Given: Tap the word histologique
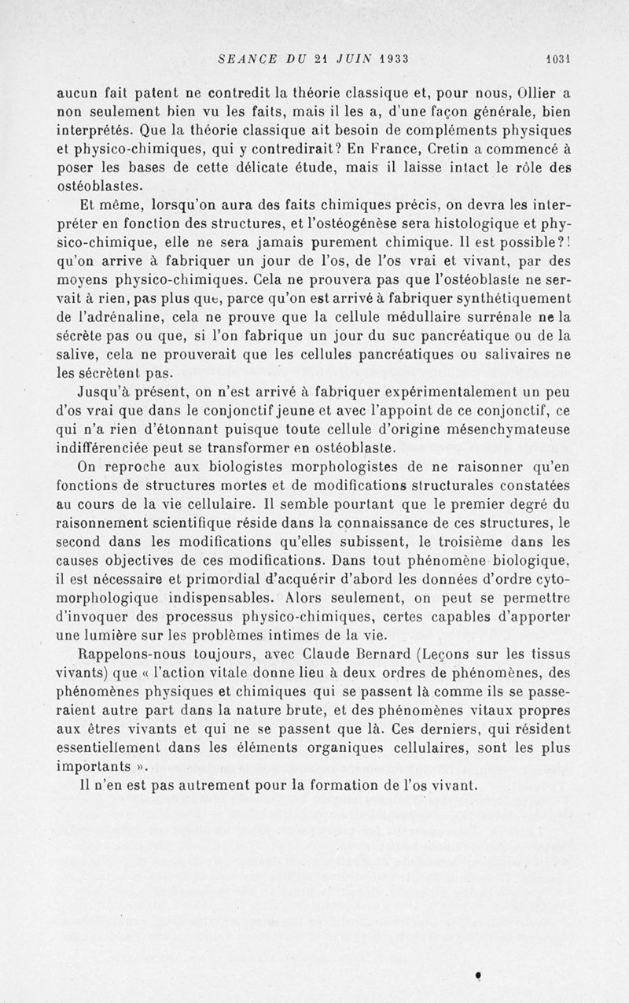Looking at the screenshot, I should click(x=471, y=224).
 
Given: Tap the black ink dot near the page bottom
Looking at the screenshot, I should click(x=478, y=975).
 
